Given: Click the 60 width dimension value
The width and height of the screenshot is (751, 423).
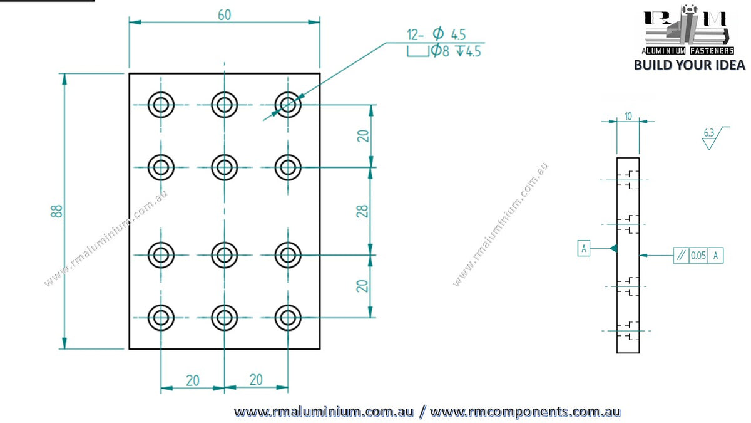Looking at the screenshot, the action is point(224,15).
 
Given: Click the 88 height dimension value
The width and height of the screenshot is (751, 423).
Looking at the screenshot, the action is point(57,211).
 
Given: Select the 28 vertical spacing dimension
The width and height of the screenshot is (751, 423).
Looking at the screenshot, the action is point(362,212).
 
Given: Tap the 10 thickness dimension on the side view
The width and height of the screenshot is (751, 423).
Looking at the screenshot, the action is point(628,116).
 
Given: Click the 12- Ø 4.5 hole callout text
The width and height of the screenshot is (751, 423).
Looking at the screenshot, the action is point(436,34).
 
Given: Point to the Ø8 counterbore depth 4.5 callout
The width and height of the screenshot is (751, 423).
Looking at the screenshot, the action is point(444,51).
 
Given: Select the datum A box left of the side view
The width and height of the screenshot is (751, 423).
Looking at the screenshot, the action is point(584,248).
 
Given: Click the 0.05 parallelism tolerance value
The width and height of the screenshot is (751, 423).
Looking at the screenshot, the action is point(698,256).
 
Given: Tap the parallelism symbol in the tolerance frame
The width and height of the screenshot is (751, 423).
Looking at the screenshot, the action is point(681,256).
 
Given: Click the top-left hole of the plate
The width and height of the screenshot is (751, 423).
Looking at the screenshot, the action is point(161,105).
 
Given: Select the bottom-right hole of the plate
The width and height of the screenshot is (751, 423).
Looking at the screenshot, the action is point(288,318).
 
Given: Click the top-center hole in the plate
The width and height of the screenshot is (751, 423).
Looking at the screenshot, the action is point(225,105).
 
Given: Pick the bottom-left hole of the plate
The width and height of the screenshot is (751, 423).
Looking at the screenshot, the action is point(161,318).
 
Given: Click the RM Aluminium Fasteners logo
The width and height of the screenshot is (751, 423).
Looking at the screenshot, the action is point(688,30).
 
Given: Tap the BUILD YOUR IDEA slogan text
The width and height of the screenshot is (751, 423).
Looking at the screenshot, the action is point(689,65).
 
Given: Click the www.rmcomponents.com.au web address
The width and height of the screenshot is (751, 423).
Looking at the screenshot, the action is point(525,412).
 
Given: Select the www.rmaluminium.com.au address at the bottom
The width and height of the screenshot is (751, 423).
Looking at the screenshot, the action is point(324,412).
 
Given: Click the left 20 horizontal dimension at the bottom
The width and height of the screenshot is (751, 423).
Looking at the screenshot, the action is point(193,381).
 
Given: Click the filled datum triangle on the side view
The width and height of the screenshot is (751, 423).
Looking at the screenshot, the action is point(614,248).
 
